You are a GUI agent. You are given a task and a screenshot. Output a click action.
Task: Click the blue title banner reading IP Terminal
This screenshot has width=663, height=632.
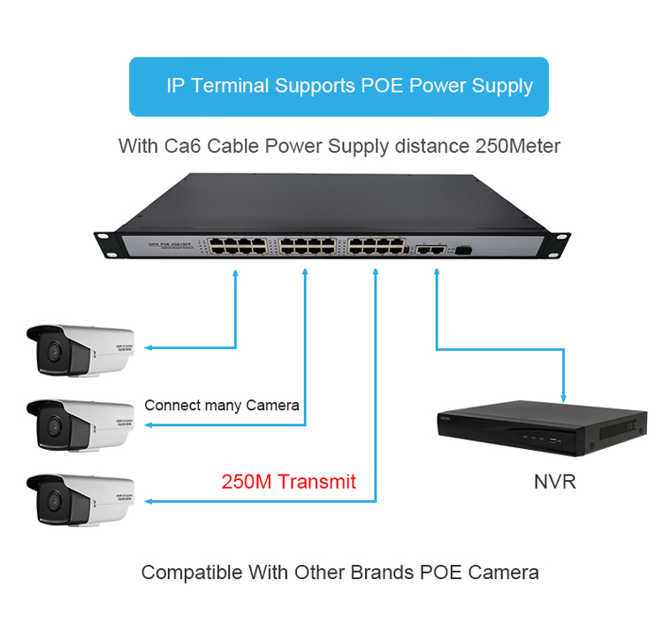coord(339,87)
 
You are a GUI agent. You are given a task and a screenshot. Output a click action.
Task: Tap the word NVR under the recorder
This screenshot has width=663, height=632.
coord(554,482)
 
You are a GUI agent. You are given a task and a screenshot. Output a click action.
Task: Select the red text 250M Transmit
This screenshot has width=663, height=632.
coord(288,482)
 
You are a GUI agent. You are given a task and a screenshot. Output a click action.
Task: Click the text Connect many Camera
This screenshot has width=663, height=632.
coord(221,406)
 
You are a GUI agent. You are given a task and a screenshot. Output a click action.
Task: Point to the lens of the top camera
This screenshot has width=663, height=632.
coord(52,351)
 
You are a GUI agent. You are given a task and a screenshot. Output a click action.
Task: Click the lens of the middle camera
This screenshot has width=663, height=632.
coord(52,425)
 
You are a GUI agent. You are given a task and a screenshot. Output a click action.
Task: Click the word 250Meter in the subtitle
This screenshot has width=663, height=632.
coord(518,146)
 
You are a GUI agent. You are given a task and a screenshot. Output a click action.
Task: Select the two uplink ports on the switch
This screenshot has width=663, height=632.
coord(431,250)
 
